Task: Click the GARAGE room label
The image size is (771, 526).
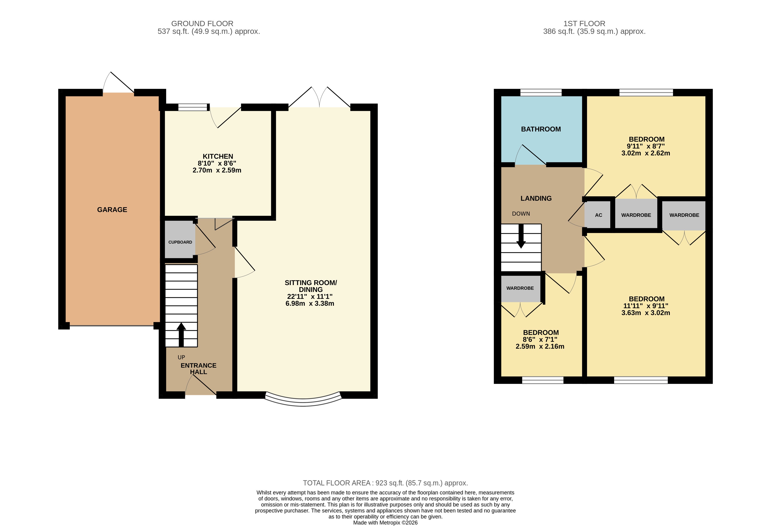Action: (112, 210)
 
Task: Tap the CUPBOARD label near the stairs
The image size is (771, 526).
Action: (180, 242)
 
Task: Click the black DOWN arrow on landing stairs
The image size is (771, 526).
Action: (521, 236)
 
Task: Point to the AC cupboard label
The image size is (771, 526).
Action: (598, 215)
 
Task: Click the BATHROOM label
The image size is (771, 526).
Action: (541, 129)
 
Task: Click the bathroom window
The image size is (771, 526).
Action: (541, 93)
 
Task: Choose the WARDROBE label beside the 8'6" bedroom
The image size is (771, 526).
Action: (520, 288)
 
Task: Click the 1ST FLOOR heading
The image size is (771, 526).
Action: (584, 24)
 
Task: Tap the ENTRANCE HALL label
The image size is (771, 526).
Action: (198, 368)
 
